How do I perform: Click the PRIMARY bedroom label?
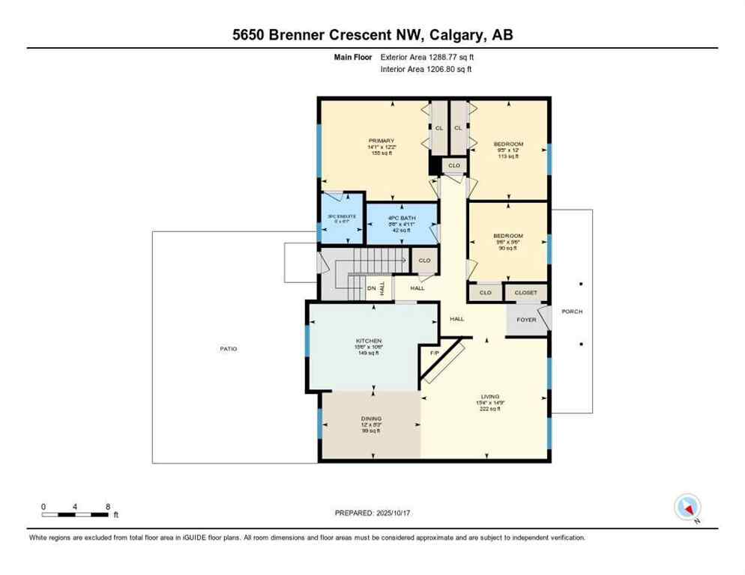[381, 140]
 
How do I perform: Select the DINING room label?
[371, 419]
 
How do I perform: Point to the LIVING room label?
[490, 397]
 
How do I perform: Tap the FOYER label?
[526, 319]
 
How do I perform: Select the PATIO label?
[229, 349]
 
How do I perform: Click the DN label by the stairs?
[371, 288]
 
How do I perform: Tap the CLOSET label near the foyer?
[525, 292]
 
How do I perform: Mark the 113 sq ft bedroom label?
[508, 144]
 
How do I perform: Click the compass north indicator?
[687, 508]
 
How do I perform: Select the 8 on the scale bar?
[108, 506]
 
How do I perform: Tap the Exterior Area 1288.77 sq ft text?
[426, 56]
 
